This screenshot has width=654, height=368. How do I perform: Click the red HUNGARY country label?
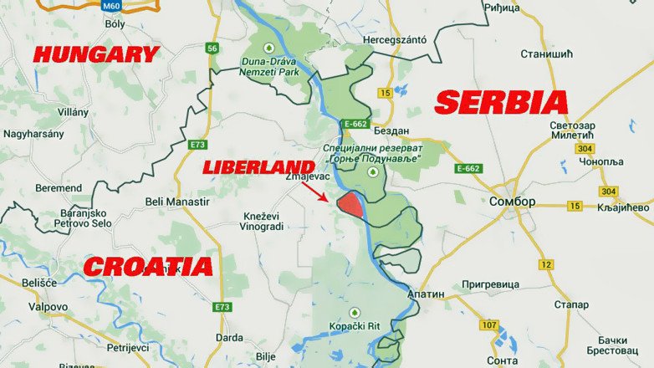(95, 55)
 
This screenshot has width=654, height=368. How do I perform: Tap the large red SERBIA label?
(502, 103)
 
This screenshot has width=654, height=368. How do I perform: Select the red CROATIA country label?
(148, 267)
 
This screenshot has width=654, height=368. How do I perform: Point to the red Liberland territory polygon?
(350, 204)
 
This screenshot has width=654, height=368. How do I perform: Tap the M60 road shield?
(110, 5)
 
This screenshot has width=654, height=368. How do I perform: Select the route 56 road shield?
(212, 49)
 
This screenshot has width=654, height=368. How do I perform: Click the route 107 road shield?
(489, 325)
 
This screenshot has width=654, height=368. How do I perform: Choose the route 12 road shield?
(546, 264)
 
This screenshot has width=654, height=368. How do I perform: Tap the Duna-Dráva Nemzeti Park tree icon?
(268, 46)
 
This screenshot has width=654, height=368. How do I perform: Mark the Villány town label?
(72, 111)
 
